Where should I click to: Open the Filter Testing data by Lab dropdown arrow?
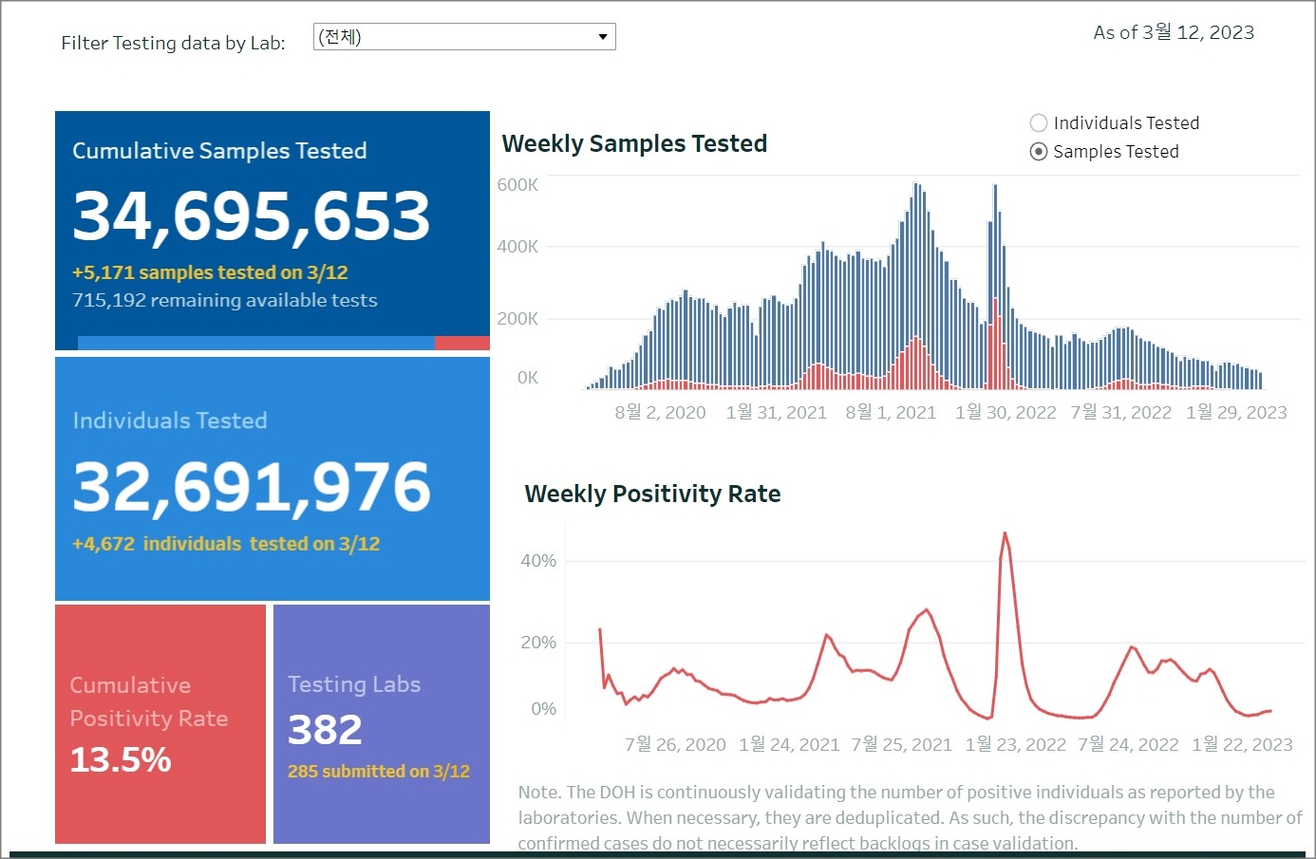[x=602, y=37]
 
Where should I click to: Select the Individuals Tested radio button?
[x=1039, y=123]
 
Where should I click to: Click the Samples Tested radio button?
[x=1039, y=152]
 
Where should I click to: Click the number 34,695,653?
[x=252, y=215]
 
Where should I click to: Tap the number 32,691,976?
[x=252, y=487]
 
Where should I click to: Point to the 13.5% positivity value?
[x=121, y=759]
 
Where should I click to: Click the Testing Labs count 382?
[x=325, y=730]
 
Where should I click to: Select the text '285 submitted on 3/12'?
[x=379, y=772]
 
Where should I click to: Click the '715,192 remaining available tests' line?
[x=225, y=301]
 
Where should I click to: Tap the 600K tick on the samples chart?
[x=517, y=185]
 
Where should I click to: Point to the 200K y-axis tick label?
[x=517, y=319]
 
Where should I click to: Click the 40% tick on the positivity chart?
[x=538, y=561]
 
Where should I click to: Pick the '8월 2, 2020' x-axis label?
[x=660, y=412]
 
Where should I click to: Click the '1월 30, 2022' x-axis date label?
[x=1006, y=412]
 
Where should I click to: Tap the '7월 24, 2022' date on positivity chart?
[x=1128, y=745]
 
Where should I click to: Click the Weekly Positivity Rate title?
[x=652, y=494]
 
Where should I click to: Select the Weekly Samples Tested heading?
[x=634, y=143]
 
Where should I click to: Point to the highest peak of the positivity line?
[x=1005, y=533]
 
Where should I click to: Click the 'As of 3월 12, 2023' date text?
[x=1174, y=32]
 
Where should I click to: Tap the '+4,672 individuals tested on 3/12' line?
[x=226, y=544]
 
